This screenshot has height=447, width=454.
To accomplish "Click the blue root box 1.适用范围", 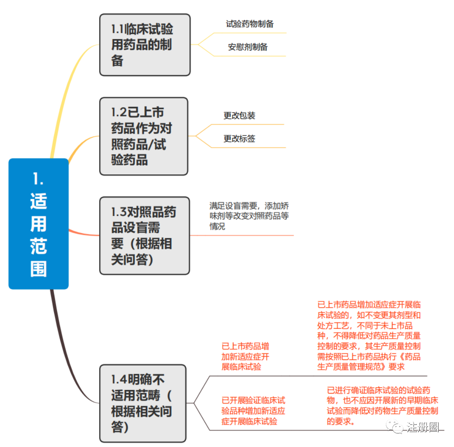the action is pyautogui.click(x=39, y=224).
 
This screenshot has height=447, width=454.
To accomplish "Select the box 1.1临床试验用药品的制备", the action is pyautogui.click(x=145, y=45).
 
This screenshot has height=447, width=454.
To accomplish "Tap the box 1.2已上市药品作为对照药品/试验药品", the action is pyautogui.click(x=144, y=137).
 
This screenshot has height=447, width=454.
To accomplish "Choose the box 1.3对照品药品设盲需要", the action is pyautogui.click(x=145, y=236).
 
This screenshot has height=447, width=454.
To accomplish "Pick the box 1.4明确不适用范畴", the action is pyautogui.click(x=143, y=403).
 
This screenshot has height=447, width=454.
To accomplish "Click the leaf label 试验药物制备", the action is pyautogui.click(x=250, y=24).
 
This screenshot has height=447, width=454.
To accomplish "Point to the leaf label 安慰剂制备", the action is pyautogui.click(x=248, y=47).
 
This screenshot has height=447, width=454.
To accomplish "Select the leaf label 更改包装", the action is pyautogui.click(x=239, y=116).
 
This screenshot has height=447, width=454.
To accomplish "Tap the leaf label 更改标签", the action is pyautogui.click(x=239, y=139).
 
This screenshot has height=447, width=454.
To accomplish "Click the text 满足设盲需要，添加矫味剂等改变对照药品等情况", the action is pyautogui.click(x=249, y=216).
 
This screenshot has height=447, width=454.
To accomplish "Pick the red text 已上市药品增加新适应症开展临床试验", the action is pyautogui.click(x=245, y=356).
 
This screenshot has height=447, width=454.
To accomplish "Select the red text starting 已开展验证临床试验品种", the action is pyautogui.click(x=253, y=411).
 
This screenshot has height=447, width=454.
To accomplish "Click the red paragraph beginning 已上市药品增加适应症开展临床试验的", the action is pyautogui.click(x=369, y=336).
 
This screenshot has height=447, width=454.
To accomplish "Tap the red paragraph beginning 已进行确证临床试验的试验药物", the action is pyautogui.click(x=382, y=405).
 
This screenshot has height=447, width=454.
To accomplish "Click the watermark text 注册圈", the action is pyautogui.click(x=423, y=427).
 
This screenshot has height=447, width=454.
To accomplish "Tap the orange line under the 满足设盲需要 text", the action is pyautogui.click(x=242, y=235).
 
